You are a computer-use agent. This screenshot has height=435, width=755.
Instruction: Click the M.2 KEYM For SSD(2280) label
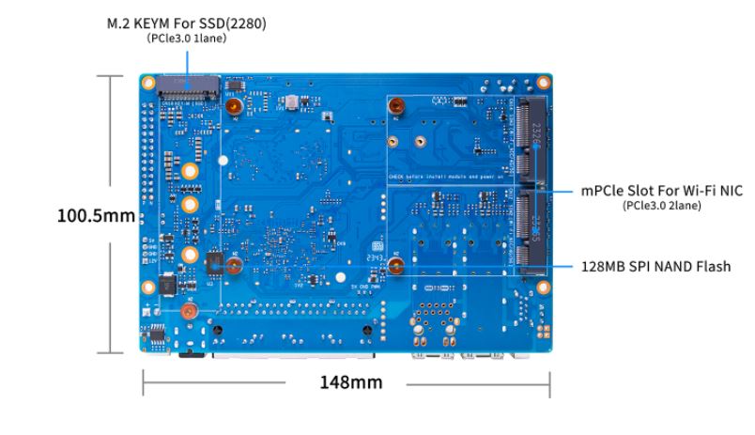tap(186, 23)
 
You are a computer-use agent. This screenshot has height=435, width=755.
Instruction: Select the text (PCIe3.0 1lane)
tap(186, 39)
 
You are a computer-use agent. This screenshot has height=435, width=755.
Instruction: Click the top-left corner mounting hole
tap(148, 83)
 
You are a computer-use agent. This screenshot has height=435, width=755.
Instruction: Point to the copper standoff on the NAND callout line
tap(397, 266)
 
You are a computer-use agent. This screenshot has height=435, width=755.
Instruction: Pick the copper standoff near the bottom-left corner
tap(188, 310)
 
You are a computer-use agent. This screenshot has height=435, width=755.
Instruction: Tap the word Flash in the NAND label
tap(711, 267)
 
